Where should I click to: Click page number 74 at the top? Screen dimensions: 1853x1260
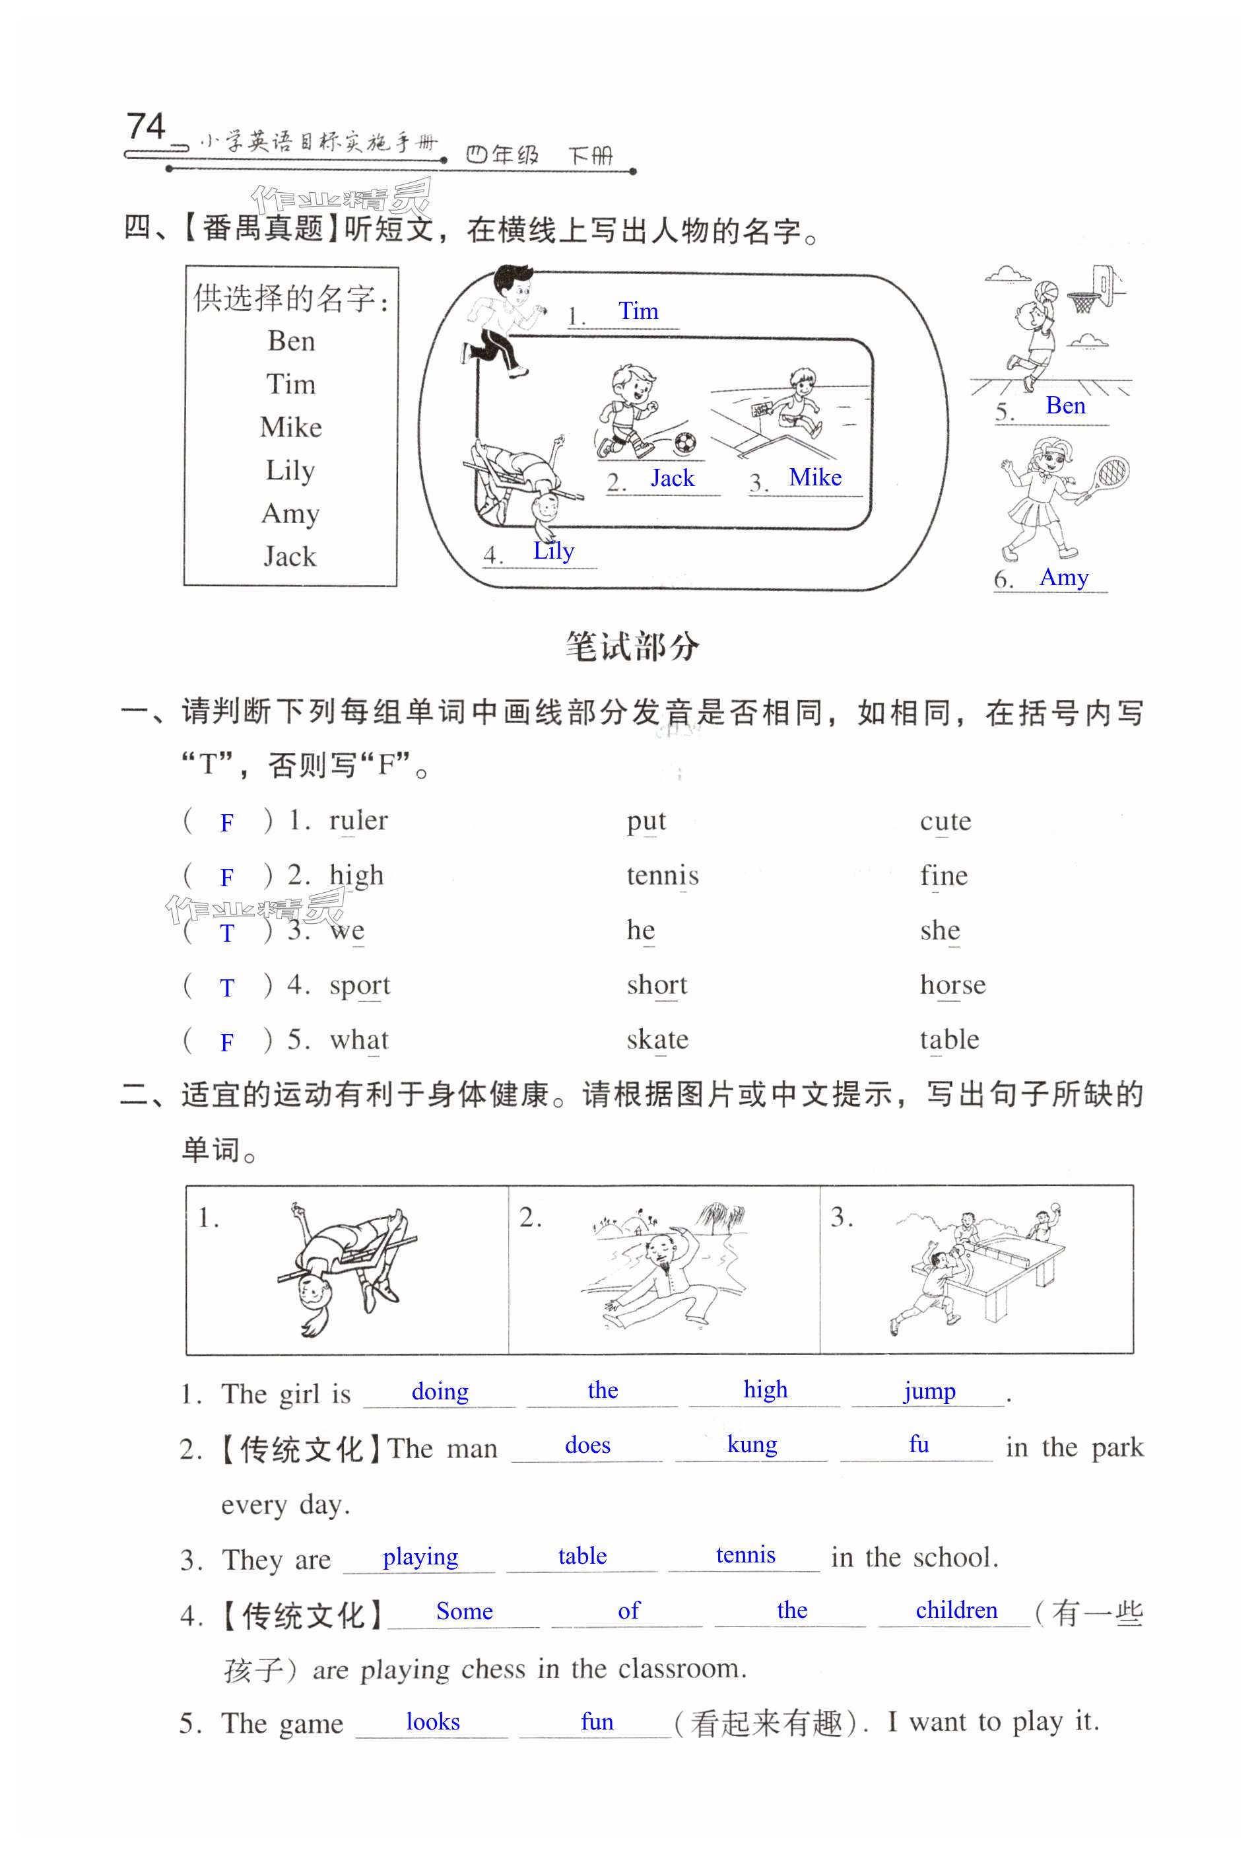pos(146,126)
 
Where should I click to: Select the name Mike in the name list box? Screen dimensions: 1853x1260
pos(291,427)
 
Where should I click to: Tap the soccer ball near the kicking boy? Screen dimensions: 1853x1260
pos(684,441)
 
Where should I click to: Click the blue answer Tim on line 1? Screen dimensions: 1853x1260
pos(638,311)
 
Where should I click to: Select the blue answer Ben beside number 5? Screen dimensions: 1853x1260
pos(1065,406)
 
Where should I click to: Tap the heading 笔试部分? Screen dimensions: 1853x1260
pos(631,647)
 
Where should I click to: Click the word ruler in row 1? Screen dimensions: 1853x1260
pos(358,820)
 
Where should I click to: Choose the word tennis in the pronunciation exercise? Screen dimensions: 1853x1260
pos(662,876)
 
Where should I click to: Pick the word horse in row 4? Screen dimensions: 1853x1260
pos(952,985)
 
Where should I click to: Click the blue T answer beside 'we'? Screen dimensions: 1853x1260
pos(227,933)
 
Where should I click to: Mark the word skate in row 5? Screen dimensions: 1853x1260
pos(657,1039)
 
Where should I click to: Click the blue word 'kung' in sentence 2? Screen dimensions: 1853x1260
pos(752,1444)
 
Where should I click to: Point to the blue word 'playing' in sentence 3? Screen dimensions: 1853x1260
pos(420,1556)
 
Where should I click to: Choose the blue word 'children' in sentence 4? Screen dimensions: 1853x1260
pos(956,1610)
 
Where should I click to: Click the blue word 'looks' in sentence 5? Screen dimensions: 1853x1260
pos(433,1722)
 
